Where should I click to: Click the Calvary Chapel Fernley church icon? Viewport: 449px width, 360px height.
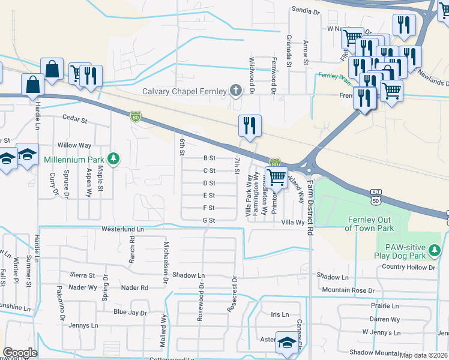coord(237,91)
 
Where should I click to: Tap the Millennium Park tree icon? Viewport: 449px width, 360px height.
coord(113,160)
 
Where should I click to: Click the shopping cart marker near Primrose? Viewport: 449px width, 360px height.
coord(276,178)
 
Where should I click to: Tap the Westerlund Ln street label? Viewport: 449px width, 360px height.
coord(123,229)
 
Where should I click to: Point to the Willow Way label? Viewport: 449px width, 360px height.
coord(74,146)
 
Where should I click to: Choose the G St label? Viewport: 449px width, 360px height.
coord(209,221)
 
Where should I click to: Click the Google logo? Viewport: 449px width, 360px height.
coord(19,353)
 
